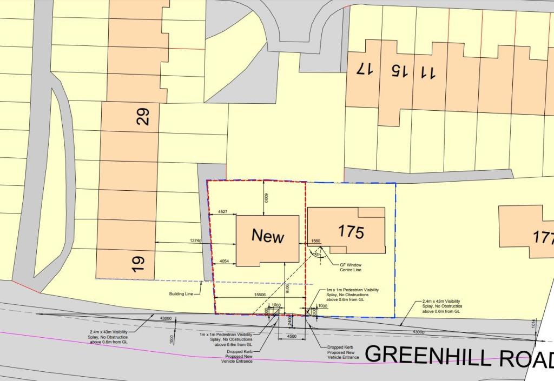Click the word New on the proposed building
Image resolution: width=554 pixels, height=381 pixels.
(x=268, y=236)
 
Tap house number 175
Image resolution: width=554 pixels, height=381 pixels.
(x=351, y=232)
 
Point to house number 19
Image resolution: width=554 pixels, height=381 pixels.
(x=139, y=263)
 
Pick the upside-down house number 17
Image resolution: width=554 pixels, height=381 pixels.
(x=365, y=69)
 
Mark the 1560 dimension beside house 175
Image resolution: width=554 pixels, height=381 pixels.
(x=316, y=241)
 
